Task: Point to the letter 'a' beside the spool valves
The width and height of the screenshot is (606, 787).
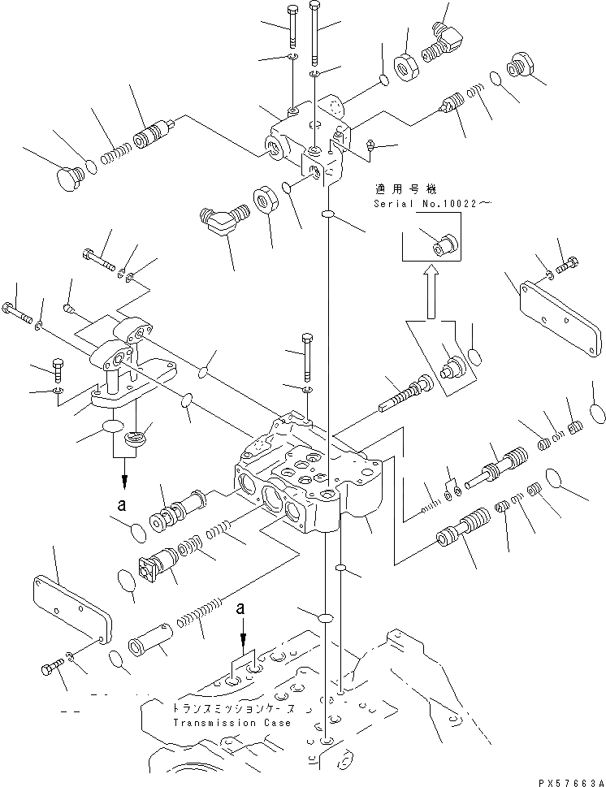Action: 121,504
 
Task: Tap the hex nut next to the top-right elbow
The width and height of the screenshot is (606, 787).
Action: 406,67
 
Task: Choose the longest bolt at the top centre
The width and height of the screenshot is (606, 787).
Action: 315,32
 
